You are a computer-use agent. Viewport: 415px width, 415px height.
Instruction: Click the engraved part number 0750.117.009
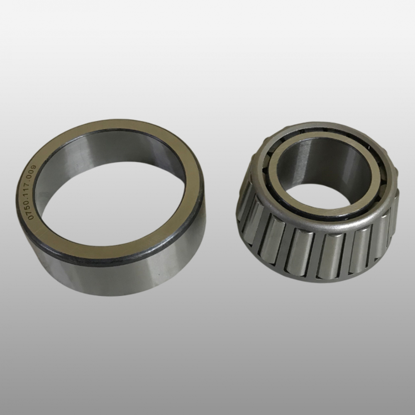click(32, 192)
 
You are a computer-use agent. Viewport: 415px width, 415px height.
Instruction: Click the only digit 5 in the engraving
click(31, 207)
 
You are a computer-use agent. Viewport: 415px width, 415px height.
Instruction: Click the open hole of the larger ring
click(111, 201)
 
